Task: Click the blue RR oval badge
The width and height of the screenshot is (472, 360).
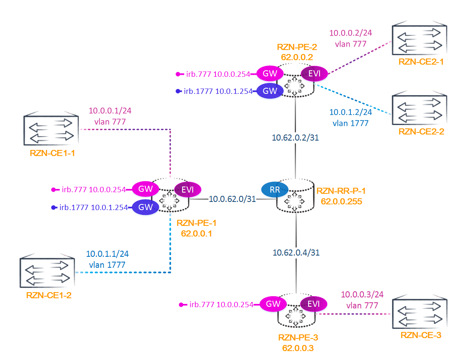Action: click(274, 189)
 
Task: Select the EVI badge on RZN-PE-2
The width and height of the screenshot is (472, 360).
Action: click(313, 74)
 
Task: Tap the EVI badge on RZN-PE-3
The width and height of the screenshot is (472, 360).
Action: click(313, 304)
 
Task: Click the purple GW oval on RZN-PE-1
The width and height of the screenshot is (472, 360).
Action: click(146, 207)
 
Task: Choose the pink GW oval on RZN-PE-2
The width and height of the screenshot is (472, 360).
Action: click(270, 74)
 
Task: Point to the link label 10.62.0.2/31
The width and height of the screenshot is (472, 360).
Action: click(295, 138)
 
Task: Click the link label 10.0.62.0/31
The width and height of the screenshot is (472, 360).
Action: click(233, 199)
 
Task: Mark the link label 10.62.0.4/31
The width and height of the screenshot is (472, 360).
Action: click(296, 252)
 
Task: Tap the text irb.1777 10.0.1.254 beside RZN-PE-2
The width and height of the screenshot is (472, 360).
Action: click(218, 91)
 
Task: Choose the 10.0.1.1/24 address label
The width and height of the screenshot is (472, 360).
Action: click(107, 254)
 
